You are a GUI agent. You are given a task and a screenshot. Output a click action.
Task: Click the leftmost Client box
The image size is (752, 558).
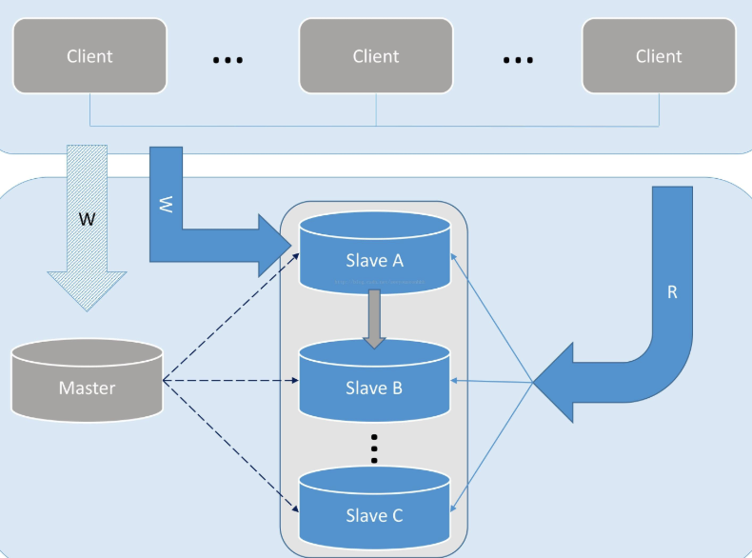[x=89, y=56]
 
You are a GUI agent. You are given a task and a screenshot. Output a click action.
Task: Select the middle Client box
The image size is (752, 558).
[x=376, y=56]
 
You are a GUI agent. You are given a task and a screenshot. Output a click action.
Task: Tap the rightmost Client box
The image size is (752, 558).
[x=659, y=56]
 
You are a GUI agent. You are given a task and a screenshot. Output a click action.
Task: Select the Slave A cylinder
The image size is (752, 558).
[x=374, y=252]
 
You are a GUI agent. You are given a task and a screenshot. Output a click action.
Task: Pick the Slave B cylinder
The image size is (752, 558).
[x=374, y=381]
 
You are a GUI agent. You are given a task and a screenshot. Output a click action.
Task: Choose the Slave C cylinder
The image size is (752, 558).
[x=374, y=509]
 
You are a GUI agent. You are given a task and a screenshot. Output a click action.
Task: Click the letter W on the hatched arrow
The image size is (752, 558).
[x=87, y=219]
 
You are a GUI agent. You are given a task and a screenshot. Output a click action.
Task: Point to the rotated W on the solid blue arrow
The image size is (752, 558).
[x=166, y=203]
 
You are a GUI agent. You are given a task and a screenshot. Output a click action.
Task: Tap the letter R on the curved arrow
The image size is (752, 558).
[x=672, y=292]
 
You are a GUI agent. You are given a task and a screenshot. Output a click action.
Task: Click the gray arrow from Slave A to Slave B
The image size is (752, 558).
[x=374, y=317]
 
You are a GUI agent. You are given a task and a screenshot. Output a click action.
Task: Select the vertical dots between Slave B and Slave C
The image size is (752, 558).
[x=374, y=448]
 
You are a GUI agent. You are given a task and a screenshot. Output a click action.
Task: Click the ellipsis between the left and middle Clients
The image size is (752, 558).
[x=228, y=59]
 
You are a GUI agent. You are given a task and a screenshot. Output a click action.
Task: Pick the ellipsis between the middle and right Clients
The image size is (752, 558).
[x=518, y=59]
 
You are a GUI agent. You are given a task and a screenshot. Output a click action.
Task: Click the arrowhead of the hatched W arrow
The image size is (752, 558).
[x=87, y=290]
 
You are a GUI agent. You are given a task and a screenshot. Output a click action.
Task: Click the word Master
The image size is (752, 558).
[x=88, y=388]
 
